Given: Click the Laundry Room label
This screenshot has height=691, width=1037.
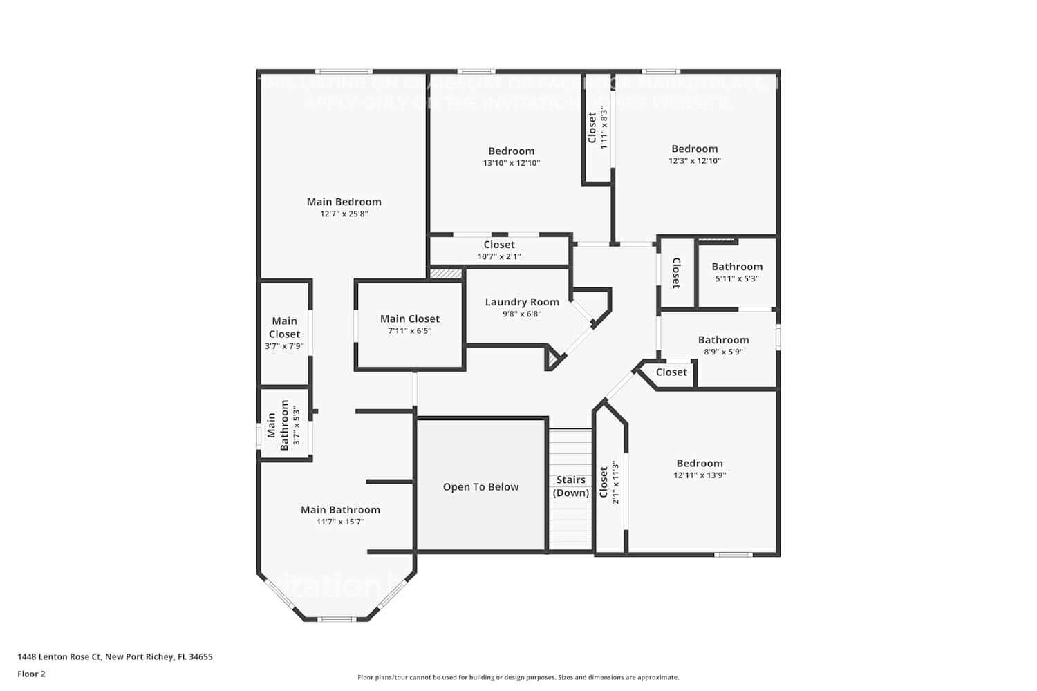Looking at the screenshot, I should [522, 302].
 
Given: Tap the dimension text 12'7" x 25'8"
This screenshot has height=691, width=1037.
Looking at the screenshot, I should [344, 214].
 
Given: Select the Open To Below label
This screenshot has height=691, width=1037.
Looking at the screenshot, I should [480, 487].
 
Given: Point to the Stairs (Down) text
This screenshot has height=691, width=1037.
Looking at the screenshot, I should [571, 486].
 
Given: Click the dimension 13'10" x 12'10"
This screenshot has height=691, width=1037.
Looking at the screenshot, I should [511, 164].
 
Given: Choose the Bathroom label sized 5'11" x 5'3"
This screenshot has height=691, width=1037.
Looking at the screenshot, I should [737, 267].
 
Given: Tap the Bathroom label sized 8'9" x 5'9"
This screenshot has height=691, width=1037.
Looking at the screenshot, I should [723, 340].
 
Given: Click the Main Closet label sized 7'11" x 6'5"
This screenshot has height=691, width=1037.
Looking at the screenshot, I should [409, 319].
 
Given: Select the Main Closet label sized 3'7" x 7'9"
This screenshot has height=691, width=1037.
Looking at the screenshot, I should [284, 328].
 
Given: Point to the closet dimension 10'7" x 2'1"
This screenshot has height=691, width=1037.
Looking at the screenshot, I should [499, 257].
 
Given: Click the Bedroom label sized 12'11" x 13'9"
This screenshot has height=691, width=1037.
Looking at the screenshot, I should [700, 464].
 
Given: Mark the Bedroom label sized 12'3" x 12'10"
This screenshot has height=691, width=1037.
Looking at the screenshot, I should [694, 149].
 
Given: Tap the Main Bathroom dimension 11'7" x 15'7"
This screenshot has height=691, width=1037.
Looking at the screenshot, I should [340, 522].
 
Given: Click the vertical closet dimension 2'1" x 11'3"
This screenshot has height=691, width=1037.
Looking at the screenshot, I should [615, 482].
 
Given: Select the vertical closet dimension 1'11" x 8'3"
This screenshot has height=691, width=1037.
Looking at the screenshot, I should [604, 128].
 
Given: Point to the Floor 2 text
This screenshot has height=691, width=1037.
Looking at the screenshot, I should [31, 674].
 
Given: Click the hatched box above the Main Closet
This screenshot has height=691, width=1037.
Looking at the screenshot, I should [446, 274].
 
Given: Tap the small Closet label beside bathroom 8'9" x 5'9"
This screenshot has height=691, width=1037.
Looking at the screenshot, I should [671, 372].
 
